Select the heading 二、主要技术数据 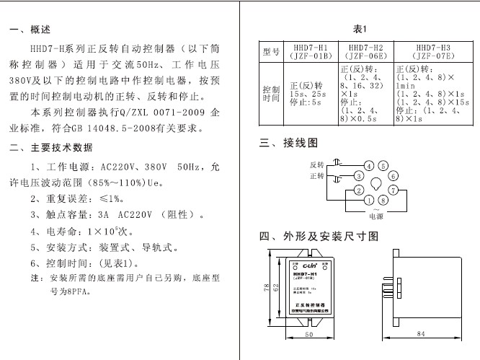[51, 149]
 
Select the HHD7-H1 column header [311, 51]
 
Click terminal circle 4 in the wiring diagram [369, 165]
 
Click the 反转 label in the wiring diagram [317, 164]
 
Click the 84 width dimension [421, 334]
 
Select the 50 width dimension [308, 334]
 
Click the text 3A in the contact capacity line [102, 214]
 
